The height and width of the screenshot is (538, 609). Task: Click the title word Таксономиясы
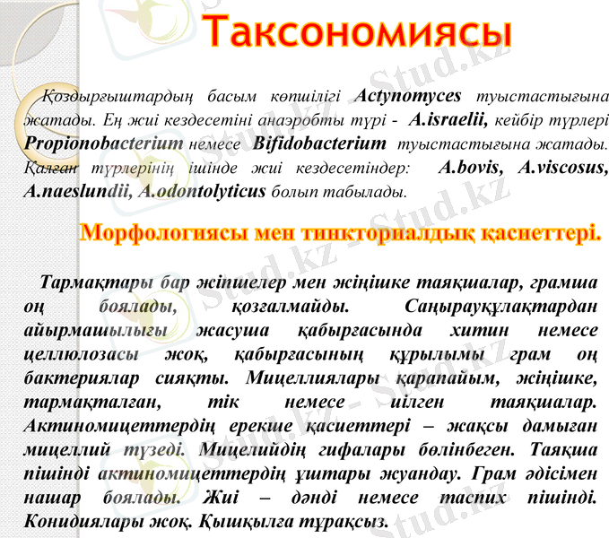click(x=356, y=32)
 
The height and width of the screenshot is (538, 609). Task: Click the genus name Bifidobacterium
click(x=319, y=143)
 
